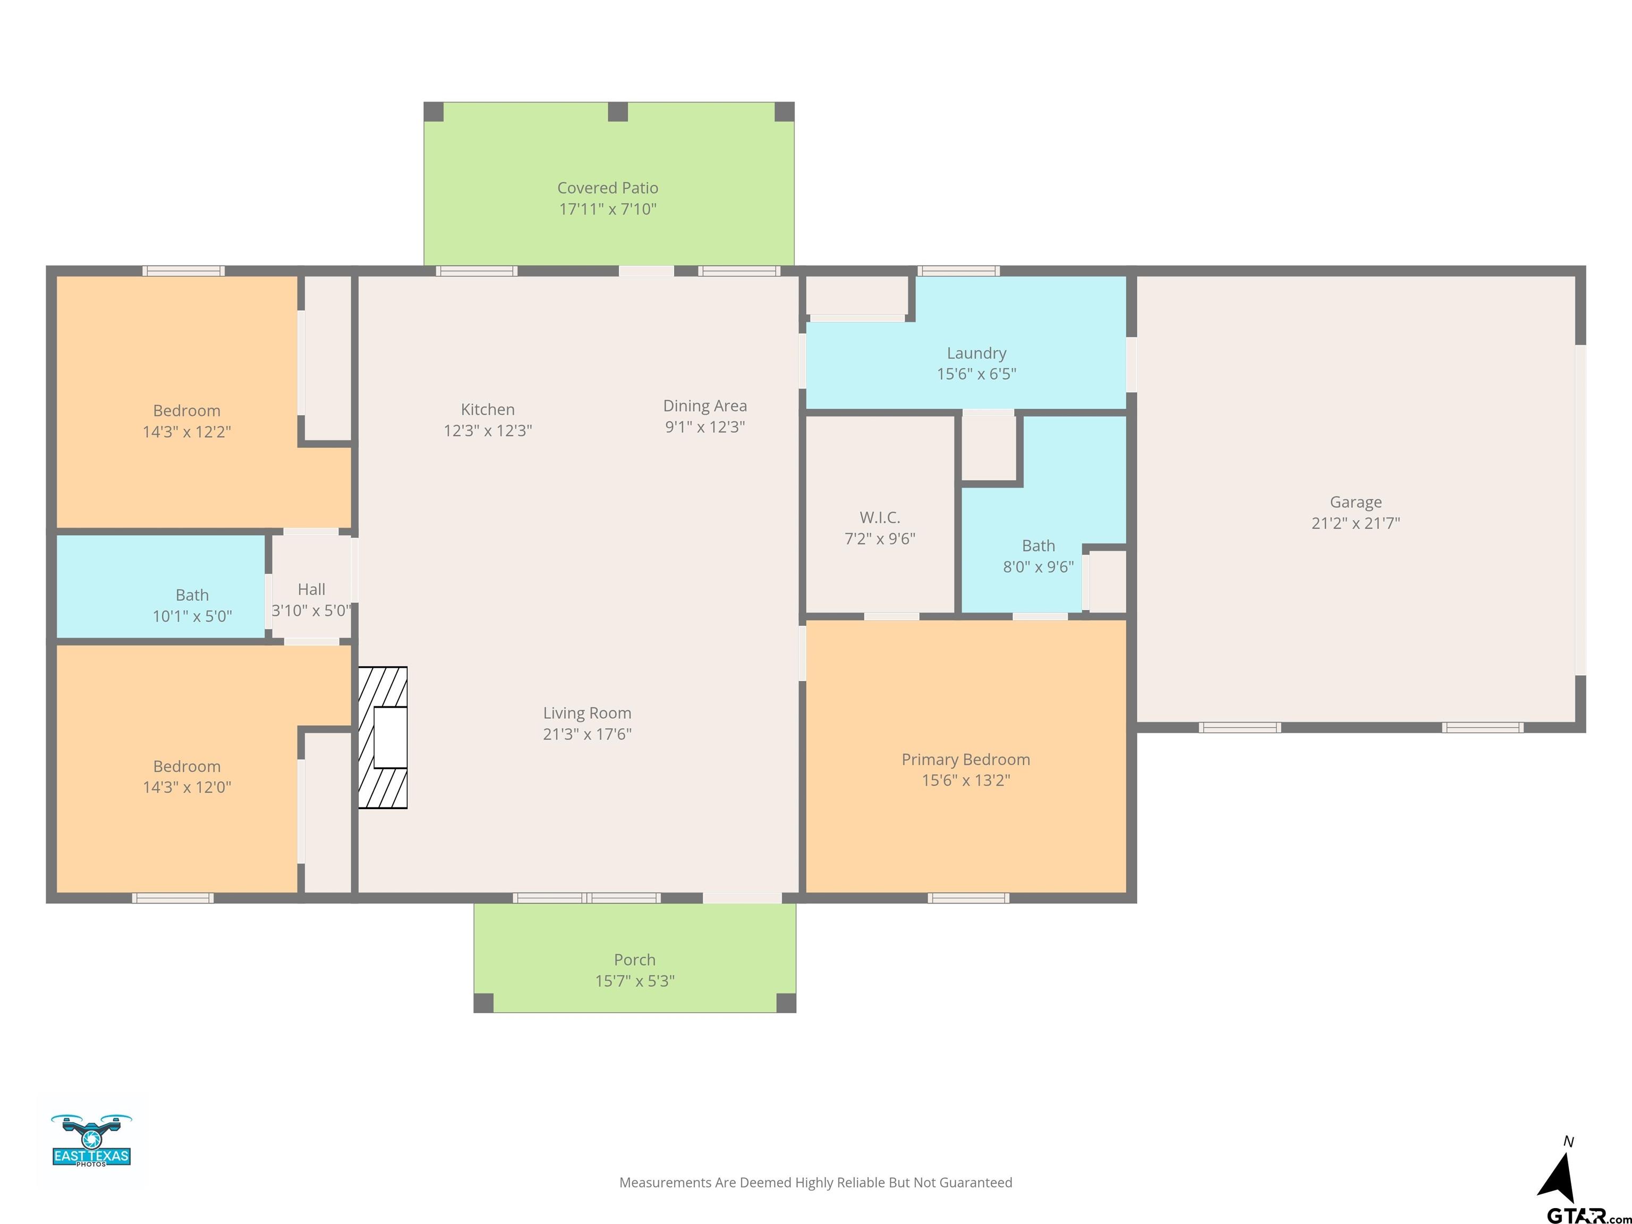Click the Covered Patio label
click(x=607, y=188)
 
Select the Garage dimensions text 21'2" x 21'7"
click(x=1355, y=523)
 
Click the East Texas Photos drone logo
click(x=91, y=1141)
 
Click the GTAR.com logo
click(x=1588, y=1215)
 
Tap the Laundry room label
click(x=976, y=353)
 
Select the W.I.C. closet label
click(x=879, y=517)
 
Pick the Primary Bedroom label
click(x=966, y=760)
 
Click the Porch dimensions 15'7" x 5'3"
click(x=634, y=981)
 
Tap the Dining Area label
click(x=704, y=406)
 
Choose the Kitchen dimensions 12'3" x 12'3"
click(x=488, y=431)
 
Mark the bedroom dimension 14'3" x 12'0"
click(x=186, y=787)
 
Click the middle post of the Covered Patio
click(x=617, y=112)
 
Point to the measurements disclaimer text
click(x=815, y=1183)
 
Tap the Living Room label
click(x=587, y=713)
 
